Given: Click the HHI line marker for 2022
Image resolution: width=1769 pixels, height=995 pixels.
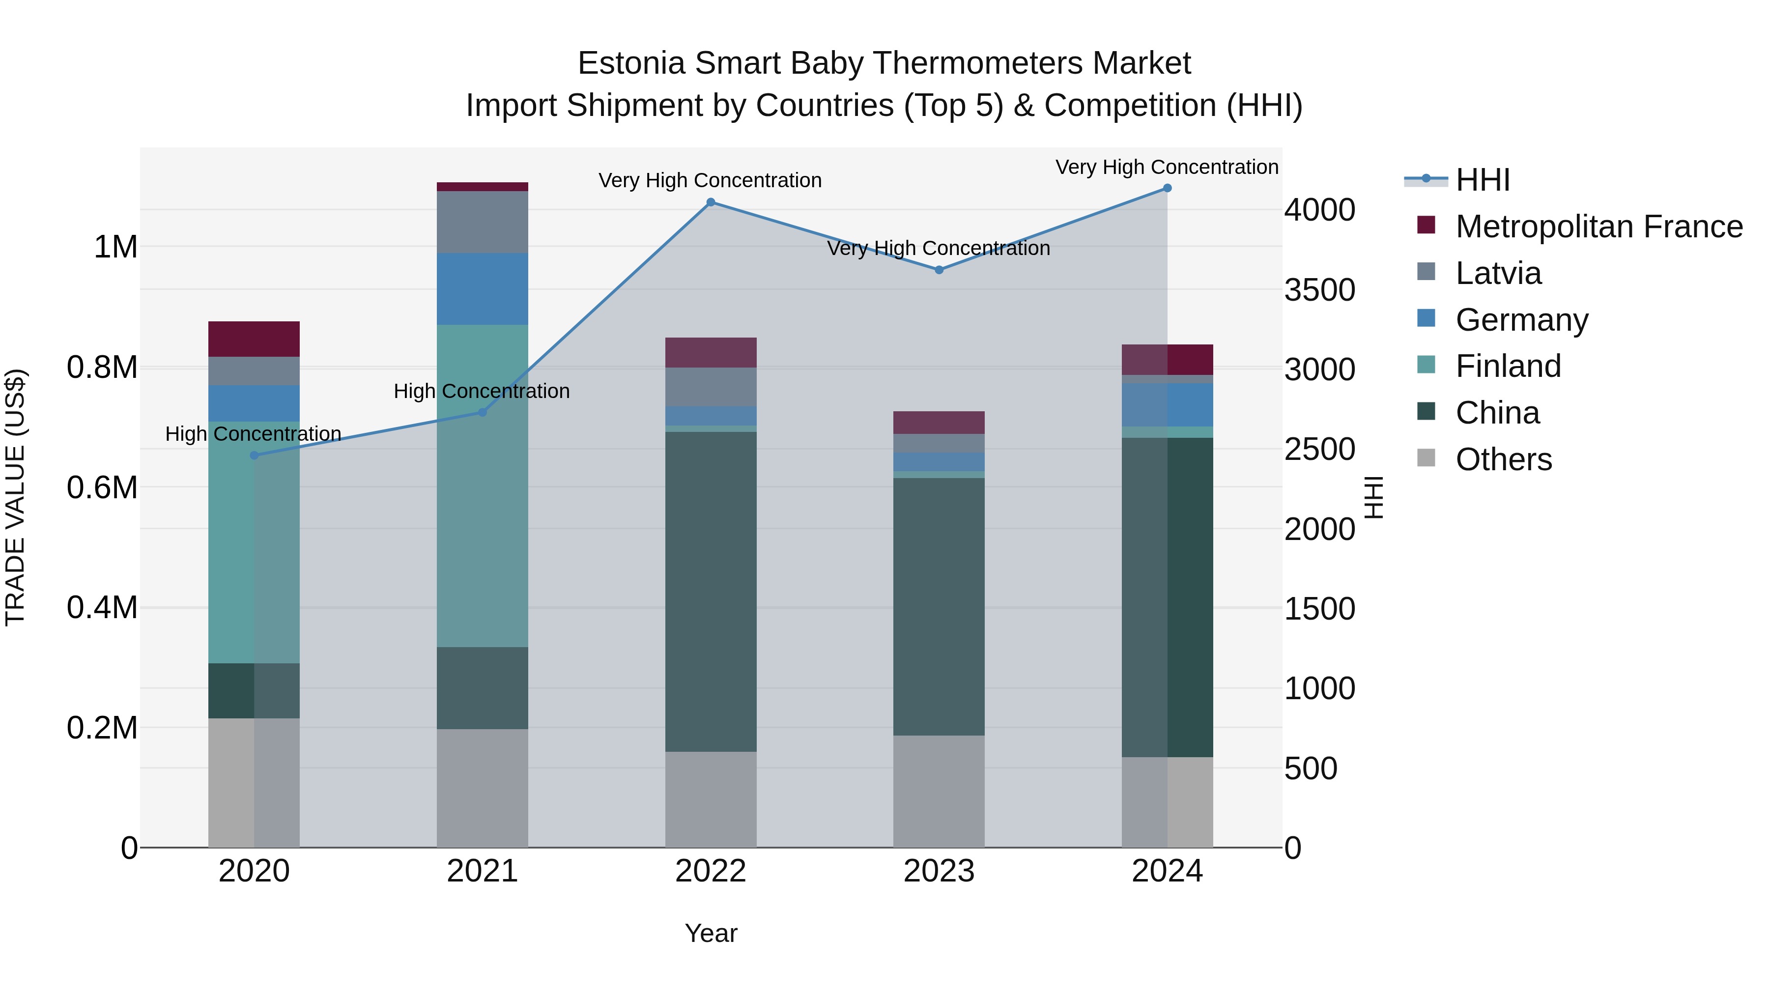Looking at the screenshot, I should (711, 202).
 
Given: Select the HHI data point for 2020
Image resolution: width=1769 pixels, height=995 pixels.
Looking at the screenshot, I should (254, 455).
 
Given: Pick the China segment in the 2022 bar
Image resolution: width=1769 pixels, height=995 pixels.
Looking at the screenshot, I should (711, 591).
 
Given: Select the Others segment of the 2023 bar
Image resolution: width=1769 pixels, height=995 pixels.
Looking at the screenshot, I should (939, 791).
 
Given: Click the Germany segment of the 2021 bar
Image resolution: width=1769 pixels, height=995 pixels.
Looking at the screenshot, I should (482, 288).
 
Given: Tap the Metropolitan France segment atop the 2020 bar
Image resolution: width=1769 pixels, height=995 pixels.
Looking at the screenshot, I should (254, 339).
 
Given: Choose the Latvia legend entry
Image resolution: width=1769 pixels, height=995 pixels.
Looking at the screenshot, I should (1498, 273).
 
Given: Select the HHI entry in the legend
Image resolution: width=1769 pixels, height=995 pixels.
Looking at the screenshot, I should (1482, 180).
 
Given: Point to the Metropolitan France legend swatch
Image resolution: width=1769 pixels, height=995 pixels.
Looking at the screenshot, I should (1426, 225).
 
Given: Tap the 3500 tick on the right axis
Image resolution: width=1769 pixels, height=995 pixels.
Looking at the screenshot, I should (1319, 290).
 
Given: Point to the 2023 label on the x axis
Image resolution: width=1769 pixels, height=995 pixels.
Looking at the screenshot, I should (939, 871).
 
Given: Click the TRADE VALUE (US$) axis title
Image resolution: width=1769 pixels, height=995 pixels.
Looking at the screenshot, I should (16, 497).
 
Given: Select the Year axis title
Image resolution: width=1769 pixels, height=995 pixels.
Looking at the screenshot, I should (711, 933).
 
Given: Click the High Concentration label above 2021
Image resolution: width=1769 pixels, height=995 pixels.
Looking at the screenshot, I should (482, 392).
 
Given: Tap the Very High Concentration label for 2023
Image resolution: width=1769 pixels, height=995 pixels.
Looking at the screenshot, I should (938, 249).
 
